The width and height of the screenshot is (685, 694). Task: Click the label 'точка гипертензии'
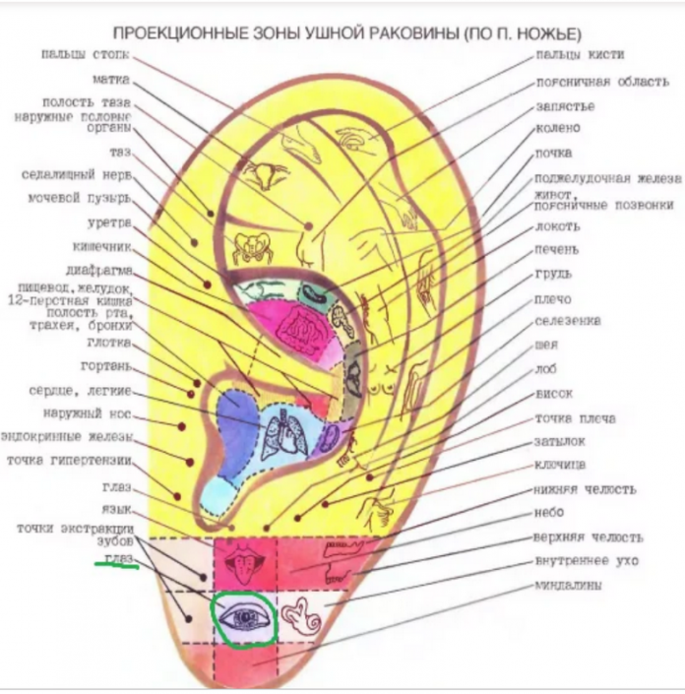pos(69,460)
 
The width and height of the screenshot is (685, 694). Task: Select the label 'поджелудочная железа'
pos(606,178)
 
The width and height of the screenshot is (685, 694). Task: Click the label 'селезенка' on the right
pos(568,321)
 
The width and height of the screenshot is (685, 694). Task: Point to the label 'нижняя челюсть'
pos(585,489)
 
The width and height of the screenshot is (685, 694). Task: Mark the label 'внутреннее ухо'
pos(586,561)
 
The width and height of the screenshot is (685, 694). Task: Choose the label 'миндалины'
pos(568,585)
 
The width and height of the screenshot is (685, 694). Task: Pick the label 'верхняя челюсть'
pos(589,537)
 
